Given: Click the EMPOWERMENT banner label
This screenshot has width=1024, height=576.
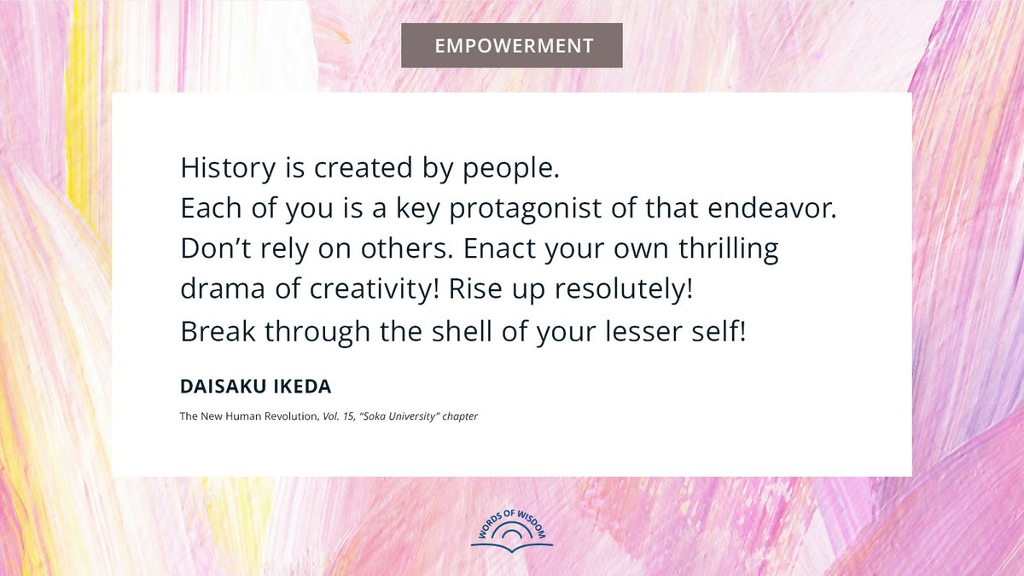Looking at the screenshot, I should click(512, 45).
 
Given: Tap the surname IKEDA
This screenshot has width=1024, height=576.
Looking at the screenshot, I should click(302, 387).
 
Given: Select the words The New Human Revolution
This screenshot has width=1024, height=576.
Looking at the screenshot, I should click(244, 416).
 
